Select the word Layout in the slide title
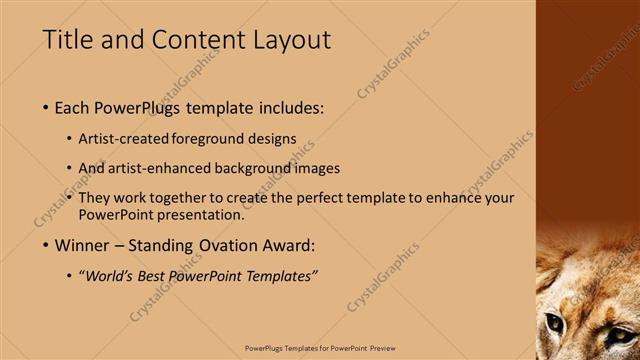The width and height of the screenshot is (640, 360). [294, 40]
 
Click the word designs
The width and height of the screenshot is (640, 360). [273, 139]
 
